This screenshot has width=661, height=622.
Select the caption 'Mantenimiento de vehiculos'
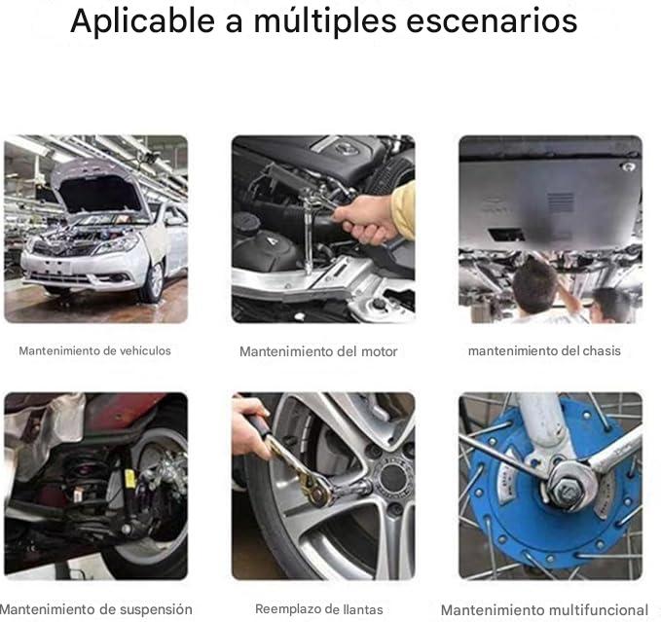pyautogui.click(x=94, y=350)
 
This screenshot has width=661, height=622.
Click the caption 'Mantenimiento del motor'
pyautogui.click(x=318, y=351)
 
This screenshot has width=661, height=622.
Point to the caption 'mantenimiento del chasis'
pyautogui.click(x=544, y=350)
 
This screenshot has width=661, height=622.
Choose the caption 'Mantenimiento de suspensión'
pyautogui.click(x=96, y=609)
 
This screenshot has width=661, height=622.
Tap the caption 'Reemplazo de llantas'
pyautogui.click(x=318, y=609)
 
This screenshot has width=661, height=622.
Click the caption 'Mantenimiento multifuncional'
pyautogui.click(x=544, y=610)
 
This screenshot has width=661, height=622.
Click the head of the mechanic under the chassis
pyautogui.click(x=534, y=281)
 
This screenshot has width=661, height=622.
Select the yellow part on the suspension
pyautogui.click(x=129, y=479)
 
